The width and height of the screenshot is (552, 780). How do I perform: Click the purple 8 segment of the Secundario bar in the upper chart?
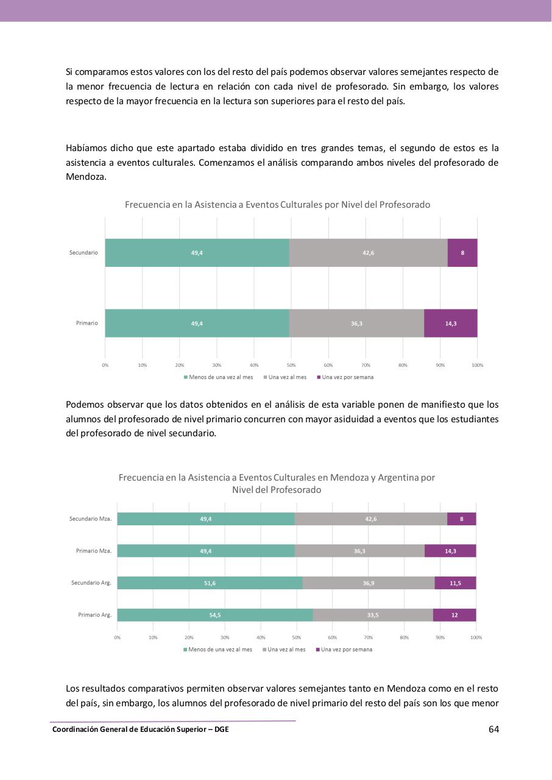pos(462,253)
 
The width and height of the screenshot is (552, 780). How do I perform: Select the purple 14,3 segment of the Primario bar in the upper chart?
pos(451,323)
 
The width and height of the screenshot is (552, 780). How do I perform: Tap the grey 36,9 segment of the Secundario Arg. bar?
pos(368,583)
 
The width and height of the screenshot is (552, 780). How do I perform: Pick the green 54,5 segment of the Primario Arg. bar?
pos(214,615)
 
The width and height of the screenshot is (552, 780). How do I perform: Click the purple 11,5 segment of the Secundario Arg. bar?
pos(455,583)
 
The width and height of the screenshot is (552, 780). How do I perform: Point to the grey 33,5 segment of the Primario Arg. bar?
pos(372,615)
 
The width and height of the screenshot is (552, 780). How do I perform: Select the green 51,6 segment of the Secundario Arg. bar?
pos(209,583)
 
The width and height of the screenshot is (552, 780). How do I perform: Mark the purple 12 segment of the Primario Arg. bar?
pos(455,615)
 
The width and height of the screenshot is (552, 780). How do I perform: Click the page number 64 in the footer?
pos(494,729)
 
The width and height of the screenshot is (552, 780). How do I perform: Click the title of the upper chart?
pos(277,205)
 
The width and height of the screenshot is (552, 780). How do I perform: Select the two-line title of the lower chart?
pos(277,483)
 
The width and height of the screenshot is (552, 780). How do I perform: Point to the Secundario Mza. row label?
pos(90,519)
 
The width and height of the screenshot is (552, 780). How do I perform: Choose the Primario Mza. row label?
pos(93,551)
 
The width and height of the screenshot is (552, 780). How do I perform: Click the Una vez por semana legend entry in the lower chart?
pos(345,650)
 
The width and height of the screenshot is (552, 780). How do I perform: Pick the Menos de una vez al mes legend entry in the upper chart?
pos(220,377)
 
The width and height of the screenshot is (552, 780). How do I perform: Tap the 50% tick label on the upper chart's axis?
pos(291,365)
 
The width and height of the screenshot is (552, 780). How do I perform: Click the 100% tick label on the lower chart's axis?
pos(476,637)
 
